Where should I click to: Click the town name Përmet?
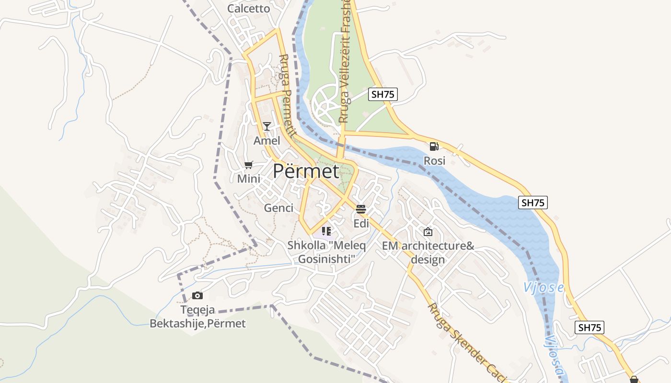point(306,171)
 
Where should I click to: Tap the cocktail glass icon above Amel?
point(267,126)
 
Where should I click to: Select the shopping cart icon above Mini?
point(248,165)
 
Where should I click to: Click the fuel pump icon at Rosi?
point(434,146)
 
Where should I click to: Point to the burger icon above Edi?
point(361,209)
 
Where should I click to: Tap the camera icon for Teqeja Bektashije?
point(197,295)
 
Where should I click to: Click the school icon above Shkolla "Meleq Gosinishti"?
point(326,232)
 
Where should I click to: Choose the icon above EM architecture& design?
point(428,232)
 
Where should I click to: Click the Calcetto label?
point(249,9)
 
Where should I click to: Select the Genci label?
point(278,208)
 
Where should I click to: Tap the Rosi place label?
point(435,161)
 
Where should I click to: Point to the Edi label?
point(361,224)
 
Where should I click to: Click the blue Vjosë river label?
point(543,287)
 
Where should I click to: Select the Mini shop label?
point(249,179)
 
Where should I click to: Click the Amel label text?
point(267,141)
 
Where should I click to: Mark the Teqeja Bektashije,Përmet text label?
point(197,317)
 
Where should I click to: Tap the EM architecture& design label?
point(428,253)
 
